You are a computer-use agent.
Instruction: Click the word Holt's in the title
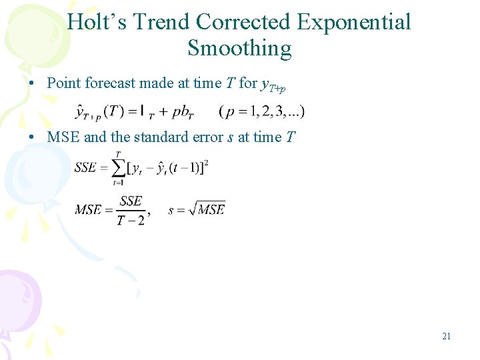(x=97, y=22)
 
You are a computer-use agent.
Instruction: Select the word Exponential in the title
(x=354, y=22)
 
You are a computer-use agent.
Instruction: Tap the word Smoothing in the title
(x=239, y=49)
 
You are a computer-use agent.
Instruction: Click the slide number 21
(x=446, y=337)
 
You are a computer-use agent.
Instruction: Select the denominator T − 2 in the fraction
(x=131, y=220)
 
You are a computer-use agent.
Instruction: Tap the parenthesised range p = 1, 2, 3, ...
(x=262, y=111)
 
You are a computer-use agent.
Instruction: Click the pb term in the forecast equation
(x=181, y=112)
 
